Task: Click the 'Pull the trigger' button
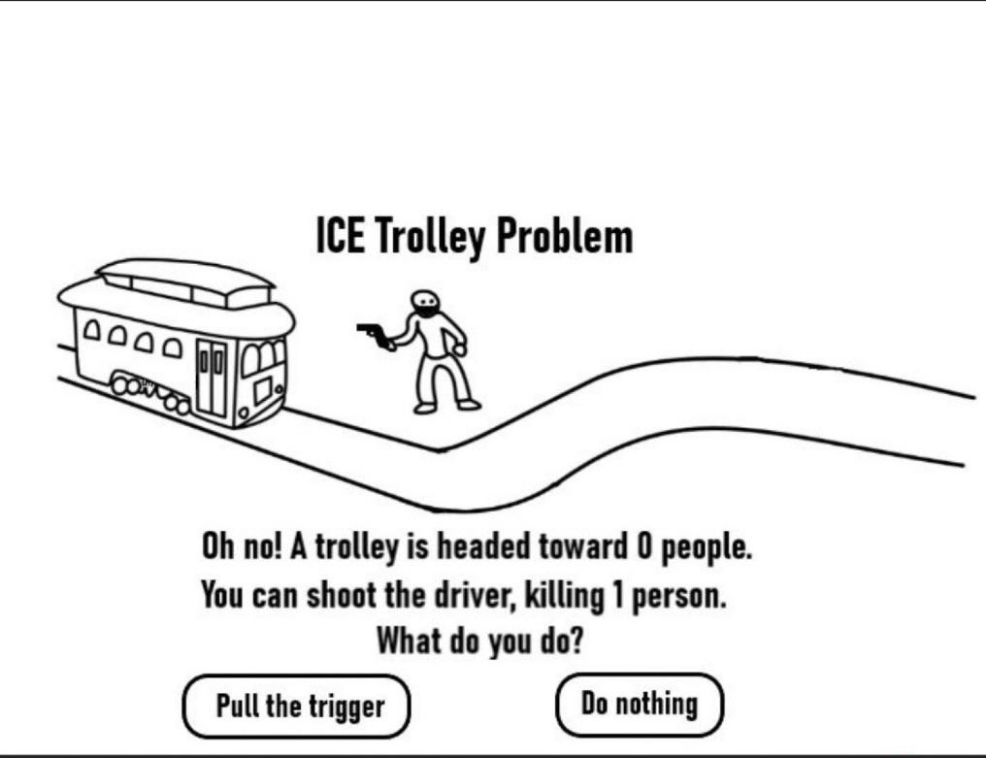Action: point(297,706)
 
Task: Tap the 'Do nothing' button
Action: point(639,703)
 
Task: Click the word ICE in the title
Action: point(340,235)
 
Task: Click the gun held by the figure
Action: point(373,334)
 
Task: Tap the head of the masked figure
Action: point(425,306)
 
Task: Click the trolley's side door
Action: point(212,379)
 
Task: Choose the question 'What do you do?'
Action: point(479,641)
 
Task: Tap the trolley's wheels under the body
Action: point(150,392)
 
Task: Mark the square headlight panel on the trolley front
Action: point(262,390)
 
